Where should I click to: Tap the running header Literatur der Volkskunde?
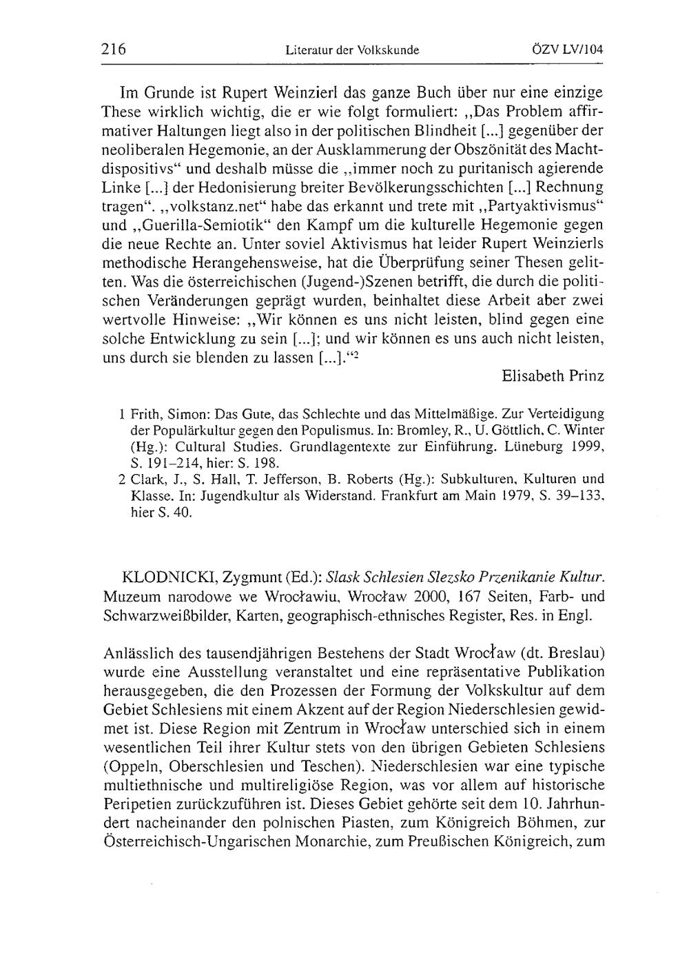352,50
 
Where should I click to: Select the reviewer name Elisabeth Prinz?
553,376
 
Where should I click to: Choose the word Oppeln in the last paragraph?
130,765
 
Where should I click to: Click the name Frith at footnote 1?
143,415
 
